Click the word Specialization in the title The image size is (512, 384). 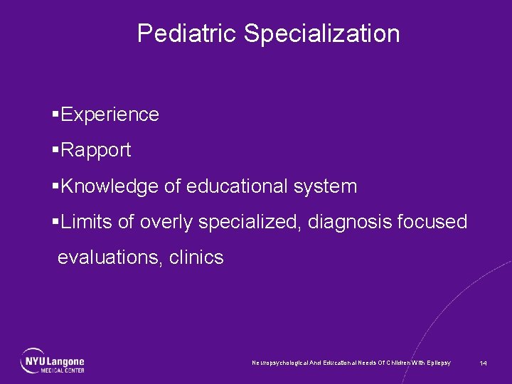point(322,33)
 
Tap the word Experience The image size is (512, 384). point(110,114)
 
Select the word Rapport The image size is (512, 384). point(96,150)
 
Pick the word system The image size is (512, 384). point(324,186)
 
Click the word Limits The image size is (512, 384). point(87,222)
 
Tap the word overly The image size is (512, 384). point(166,222)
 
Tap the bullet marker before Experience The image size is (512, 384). point(55,114)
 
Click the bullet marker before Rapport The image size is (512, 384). point(55,150)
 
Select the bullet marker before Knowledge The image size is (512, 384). point(55,186)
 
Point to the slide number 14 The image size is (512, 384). point(483,363)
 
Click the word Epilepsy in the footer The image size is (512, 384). point(437,363)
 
